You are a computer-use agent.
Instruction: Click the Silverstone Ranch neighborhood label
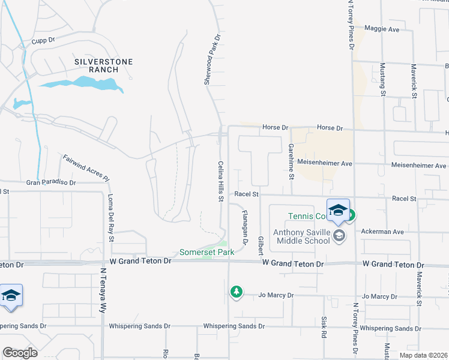click(104, 65)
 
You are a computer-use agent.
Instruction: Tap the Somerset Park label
click(206, 253)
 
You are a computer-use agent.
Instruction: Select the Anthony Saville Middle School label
click(301, 236)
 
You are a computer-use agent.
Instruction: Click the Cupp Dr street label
click(43, 40)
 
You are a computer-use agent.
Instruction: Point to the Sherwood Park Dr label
click(211, 58)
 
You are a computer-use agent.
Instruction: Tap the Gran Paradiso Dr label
click(51, 182)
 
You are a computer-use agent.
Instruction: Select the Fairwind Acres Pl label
click(86, 168)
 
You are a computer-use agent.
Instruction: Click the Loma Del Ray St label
click(111, 219)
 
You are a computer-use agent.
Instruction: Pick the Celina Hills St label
click(221, 181)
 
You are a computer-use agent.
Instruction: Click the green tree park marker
click(237, 292)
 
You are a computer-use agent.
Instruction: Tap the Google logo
click(20, 353)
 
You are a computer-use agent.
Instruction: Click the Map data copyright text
click(424, 355)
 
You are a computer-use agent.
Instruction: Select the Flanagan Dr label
click(245, 227)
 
